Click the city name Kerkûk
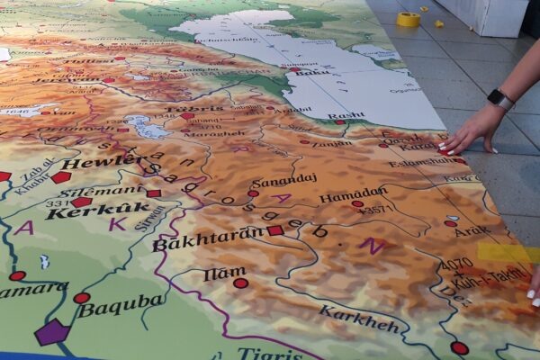[x=85, y=211]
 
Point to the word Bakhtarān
[x=208, y=239]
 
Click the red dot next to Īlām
[x=240, y=283]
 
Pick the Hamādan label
[x=353, y=194]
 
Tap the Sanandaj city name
[x=285, y=178]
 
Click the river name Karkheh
[x=358, y=319]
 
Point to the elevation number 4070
[x=456, y=265]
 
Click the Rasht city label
[x=346, y=115]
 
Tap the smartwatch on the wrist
[x=500, y=98]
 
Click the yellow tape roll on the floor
[x=409, y=19]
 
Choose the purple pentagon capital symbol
[x=51, y=332]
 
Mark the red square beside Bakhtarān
[x=274, y=231]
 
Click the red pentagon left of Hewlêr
[x=60, y=177]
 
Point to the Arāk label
[x=472, y=231]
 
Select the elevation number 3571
[x=375, y=210]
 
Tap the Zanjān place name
[x=332, y=143]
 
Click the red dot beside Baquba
[x=81, y=298]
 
